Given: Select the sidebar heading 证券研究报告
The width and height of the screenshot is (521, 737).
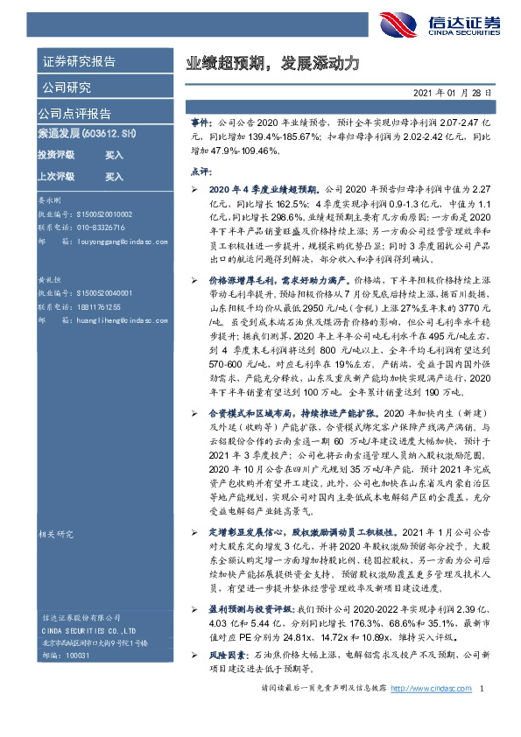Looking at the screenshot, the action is pyautogui.click(x=79, y=62).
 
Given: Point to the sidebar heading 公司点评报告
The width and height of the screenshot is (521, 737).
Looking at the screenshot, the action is pyautogui.click(x=74, y=114).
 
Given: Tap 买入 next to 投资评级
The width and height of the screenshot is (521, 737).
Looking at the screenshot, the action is pyautogui.click(x=114, y=155).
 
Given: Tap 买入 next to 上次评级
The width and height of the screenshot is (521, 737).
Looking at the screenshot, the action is pyautogui.click(x=114, y=177).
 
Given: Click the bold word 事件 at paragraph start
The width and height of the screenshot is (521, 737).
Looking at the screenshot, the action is pyautogui.click(x=201, y=126).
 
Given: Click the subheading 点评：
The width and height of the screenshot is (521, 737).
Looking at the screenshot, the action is pyautogui.click(x=201, y=171).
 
